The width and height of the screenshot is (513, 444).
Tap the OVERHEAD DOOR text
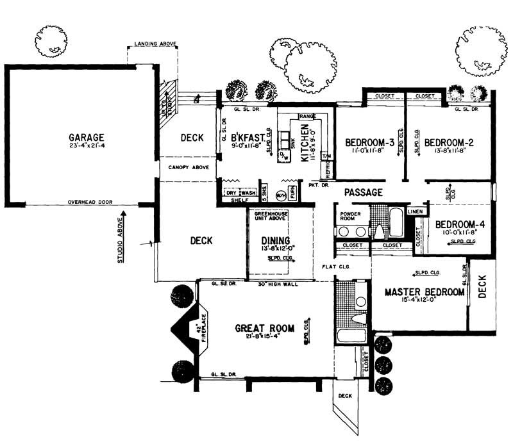click(90, 202)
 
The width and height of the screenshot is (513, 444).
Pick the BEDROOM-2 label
click(449, 142)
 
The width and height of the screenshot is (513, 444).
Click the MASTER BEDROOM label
click(425, 292)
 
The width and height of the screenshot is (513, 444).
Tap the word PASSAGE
click(364, 192)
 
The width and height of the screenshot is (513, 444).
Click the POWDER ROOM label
click(351, 217)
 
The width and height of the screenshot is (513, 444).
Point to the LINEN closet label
click(416, 211)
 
